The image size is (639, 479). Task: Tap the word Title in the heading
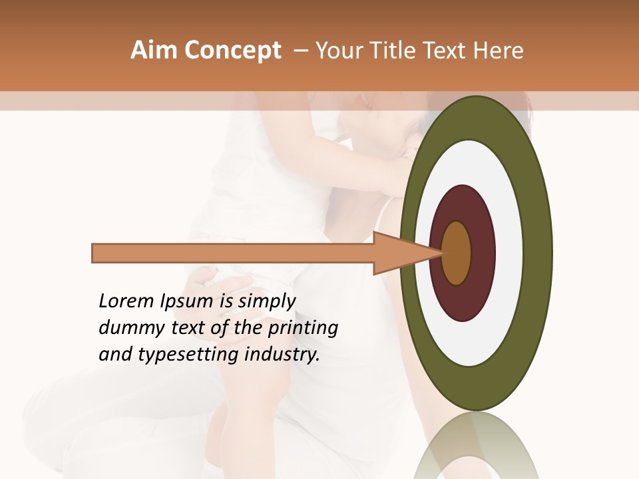pyautogui.click(x=392, y=51)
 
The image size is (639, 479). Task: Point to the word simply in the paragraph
pyautogui.click(x=266, y=301)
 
